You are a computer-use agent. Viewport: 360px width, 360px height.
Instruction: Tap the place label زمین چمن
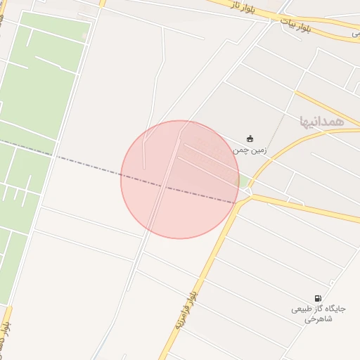(x=250, y=150)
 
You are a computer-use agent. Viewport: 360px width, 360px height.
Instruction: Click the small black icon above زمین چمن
(x=250, y=138)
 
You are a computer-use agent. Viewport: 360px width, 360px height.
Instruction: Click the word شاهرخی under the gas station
(x=316, y=319)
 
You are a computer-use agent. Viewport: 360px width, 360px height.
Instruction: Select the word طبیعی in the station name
(x=300, y=309)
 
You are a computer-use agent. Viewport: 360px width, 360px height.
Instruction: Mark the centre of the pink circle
(x=179, y=179)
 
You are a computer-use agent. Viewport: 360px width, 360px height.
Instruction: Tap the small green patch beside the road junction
(x=244, y=181)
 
